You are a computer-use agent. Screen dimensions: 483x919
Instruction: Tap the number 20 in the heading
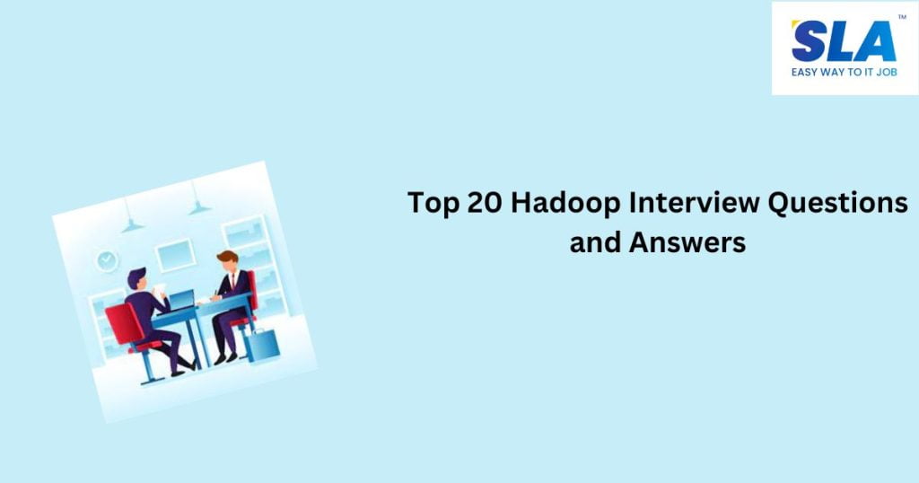[486, 203]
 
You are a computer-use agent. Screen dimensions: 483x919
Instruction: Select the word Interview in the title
[689, 203]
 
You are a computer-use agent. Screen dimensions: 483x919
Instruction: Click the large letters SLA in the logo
[843, 41]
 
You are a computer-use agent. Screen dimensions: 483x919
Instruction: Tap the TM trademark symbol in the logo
[901, 17]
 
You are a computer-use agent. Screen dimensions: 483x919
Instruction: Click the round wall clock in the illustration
[108, 260]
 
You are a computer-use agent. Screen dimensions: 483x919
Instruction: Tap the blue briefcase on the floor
[260, 344]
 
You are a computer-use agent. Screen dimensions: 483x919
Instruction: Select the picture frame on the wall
[175, 254]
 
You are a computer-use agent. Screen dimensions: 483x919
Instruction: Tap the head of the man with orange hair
[227, 261]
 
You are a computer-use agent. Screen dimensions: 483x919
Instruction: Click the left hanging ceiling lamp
[132, 224]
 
